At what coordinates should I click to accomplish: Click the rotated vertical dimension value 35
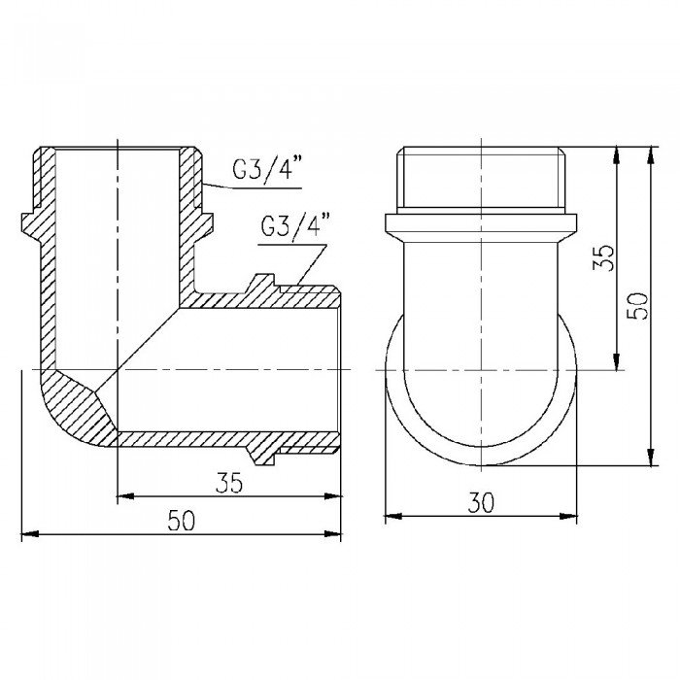click(603, 257)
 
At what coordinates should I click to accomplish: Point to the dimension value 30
click(481, 502)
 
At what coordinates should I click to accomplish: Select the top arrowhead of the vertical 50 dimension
click(649, 153)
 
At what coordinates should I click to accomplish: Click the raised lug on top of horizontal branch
click(259, 286)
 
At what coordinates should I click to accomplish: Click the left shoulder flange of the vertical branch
click(30, 222)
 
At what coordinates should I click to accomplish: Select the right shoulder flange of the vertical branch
click(205, 222)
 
